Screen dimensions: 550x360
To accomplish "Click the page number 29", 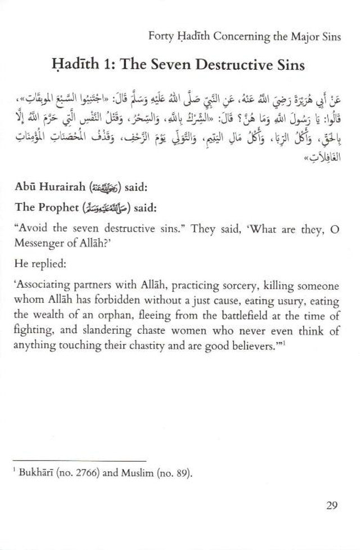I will point(331,504).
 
